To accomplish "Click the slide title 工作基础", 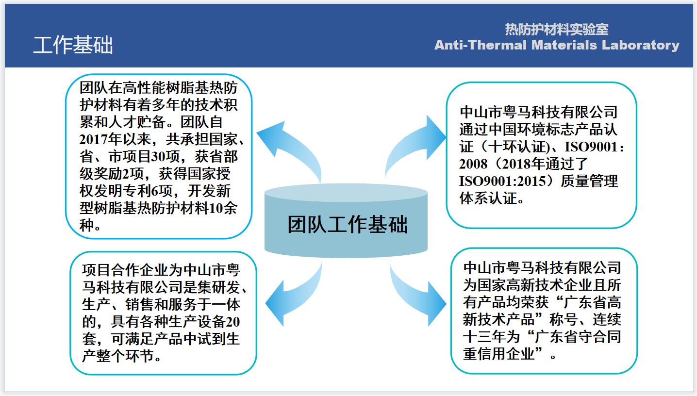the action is coord(73,45).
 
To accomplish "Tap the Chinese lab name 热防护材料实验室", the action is coord(557,30).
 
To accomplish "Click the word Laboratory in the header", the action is coord(641,46).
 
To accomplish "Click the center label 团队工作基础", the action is coord(347,224).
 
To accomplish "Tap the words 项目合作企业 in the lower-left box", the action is coord(125,270).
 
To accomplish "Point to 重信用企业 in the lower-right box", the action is coord(498,354).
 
